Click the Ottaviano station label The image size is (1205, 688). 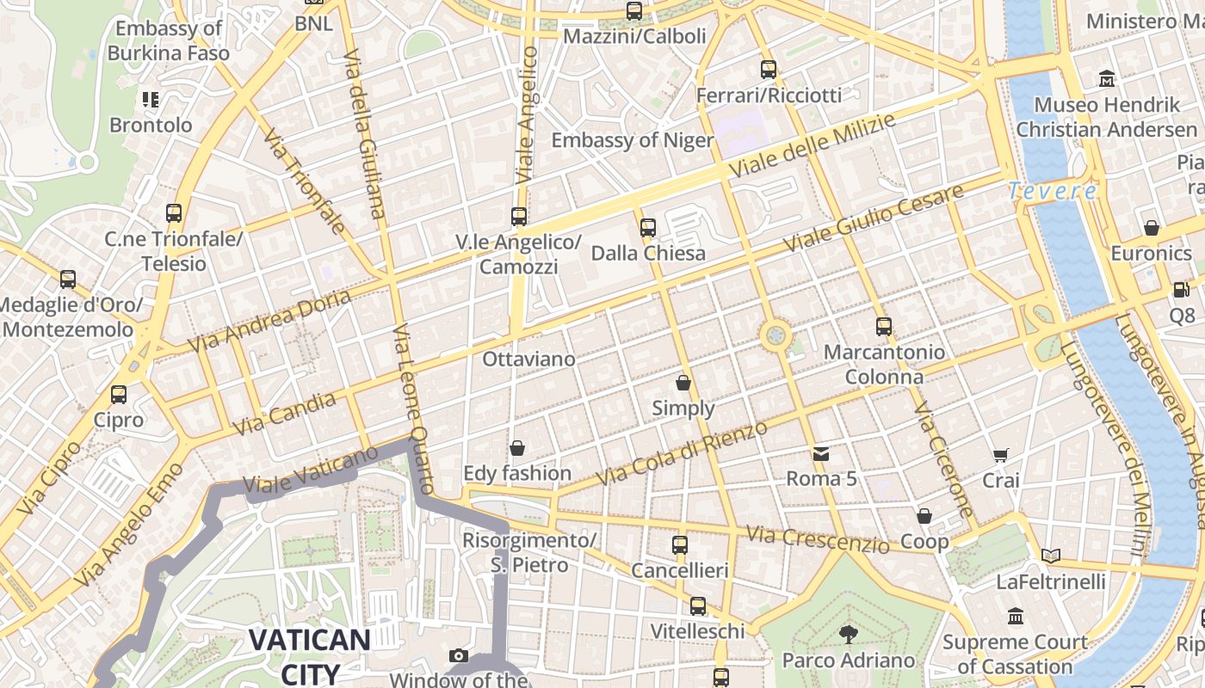528,359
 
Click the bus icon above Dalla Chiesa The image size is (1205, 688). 648,228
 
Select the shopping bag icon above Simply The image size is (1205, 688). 683,382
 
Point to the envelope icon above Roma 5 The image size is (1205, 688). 821,452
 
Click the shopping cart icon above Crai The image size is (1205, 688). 1000,455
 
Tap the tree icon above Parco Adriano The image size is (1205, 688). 849,635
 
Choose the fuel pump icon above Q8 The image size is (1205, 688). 1182,290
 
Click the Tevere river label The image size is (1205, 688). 1053,191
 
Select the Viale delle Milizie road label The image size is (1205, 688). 812,145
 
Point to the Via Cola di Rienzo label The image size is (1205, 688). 681,453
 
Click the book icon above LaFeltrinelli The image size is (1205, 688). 1050,556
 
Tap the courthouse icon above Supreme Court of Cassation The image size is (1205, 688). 1016,616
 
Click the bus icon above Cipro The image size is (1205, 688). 119,395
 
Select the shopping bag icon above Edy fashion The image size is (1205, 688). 517,448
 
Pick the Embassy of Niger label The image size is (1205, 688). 633,140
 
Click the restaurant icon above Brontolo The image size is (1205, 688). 151,100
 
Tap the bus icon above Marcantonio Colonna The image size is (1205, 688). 884,327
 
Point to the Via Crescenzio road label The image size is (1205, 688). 818,540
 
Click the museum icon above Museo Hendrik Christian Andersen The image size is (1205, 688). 1107,79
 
